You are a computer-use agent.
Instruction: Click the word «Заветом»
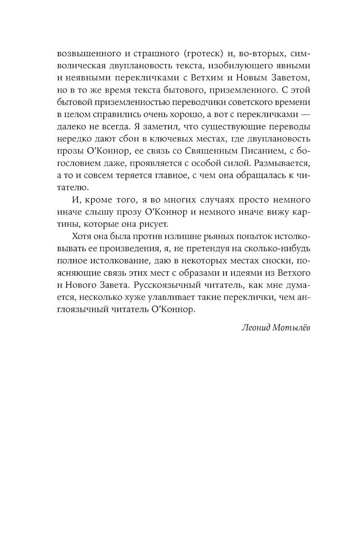point(290,78)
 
